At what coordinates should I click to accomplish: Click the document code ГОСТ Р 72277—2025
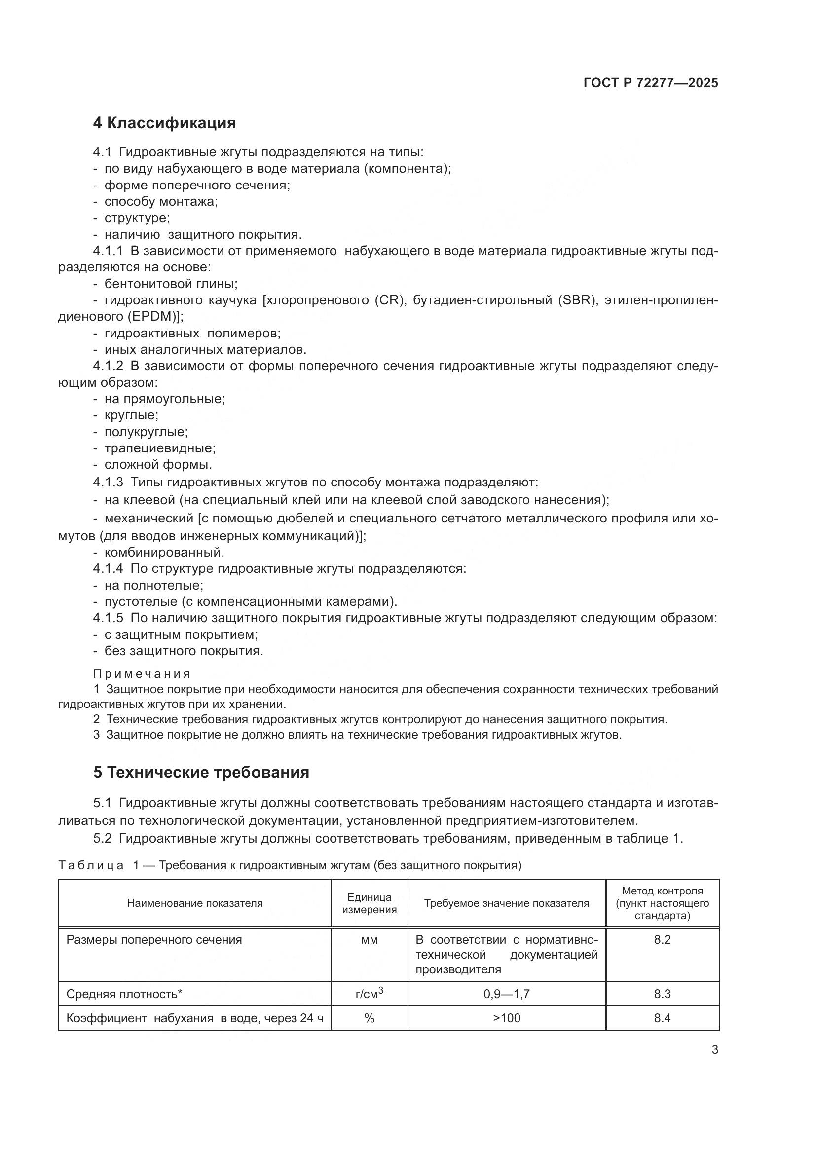[x=651, y=83]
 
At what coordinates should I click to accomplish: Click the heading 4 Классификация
[x=164, y=123]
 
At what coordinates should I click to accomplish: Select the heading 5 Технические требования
[x=201, y=772]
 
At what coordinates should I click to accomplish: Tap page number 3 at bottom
[x=714, y=1050]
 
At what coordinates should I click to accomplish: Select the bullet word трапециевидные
[x=160, y=448]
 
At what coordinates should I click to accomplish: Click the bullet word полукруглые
[x=146, y=432]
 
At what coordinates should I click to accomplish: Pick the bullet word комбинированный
[x=164, y=553]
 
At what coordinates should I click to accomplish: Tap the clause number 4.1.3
[x=108, y=483]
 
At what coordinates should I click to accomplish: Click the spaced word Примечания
[x=142, y=673]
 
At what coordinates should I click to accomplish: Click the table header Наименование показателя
[x=194, y=903]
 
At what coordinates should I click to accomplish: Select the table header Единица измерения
[x=370, y=903]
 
